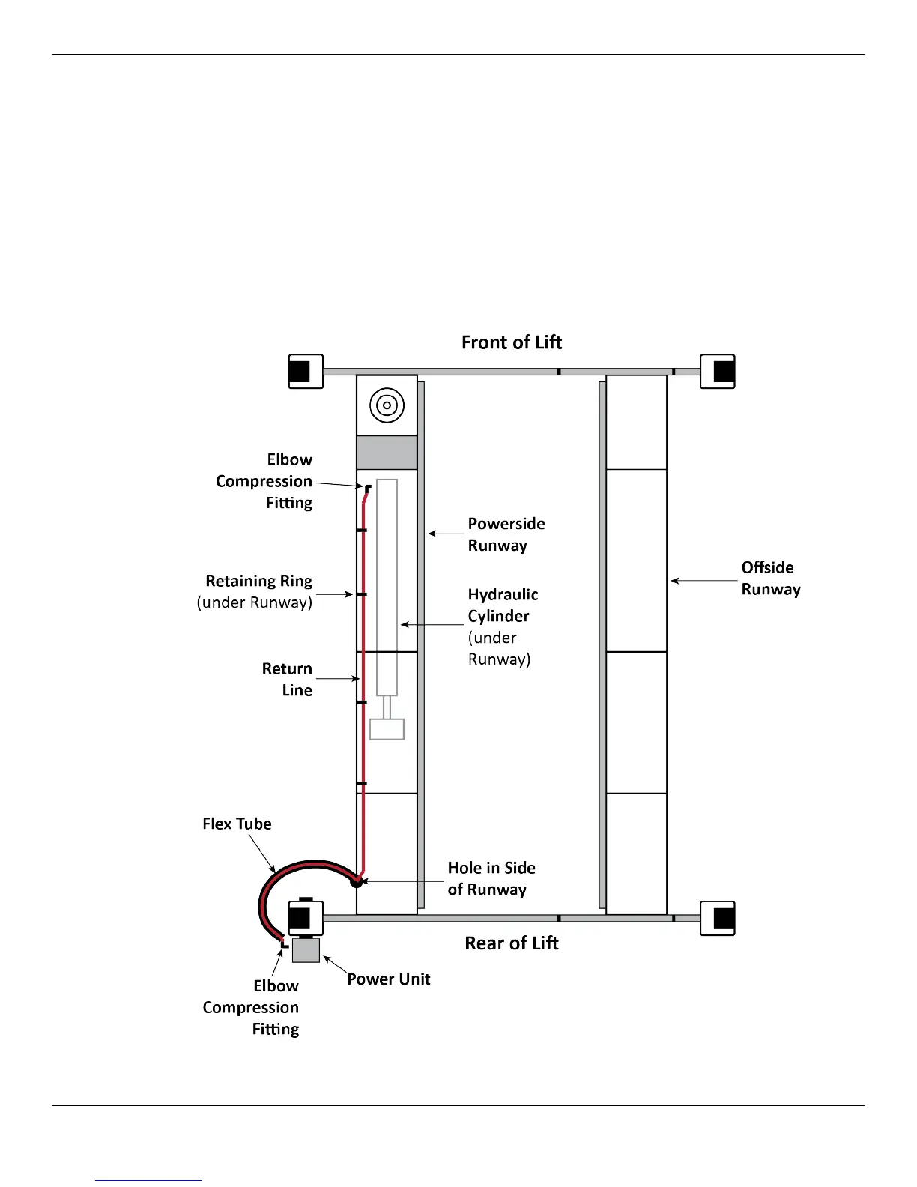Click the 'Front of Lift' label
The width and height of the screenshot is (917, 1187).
(x=511, y=342)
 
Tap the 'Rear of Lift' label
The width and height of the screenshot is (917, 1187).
(x=511, y=943)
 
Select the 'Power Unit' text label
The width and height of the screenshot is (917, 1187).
(x=388, y=979)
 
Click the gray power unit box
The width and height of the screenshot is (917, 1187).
(x=306, y=950)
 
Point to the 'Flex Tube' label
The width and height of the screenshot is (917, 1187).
(x=237, y=824)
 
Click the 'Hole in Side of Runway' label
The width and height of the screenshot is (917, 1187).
(x=491, y=878)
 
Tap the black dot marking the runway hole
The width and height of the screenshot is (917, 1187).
(x=357, y=881)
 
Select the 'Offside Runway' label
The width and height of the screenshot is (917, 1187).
(x=770, y=578)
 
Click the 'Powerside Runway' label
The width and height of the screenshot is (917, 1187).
(x=506, y=534)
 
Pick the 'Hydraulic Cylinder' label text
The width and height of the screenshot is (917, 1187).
(x=503, y=605)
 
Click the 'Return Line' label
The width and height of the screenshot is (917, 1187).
(x=287, y=679)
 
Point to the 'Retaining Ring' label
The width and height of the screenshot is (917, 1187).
(x=258, y=582)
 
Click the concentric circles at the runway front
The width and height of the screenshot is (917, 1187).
(x=387, y=405)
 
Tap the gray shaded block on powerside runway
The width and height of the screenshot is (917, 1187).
(x=387, y=453)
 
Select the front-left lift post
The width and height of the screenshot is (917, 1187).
(x=306, y=372)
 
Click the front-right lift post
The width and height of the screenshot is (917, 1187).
(x=718, y=372)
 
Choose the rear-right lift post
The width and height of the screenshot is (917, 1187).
(x=718, y=919)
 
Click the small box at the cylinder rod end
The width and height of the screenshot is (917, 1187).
(x=387, y=729)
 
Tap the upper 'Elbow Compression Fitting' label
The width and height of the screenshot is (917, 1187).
(x=264, y=481)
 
